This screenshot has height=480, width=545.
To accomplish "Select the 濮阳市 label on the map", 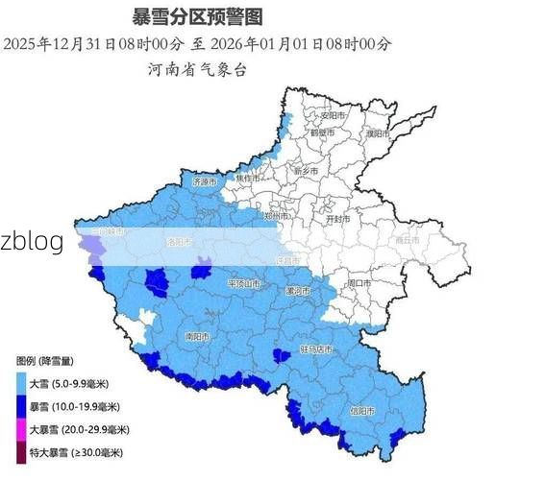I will pos(377,134).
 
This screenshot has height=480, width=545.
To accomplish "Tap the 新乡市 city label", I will pos(306,171).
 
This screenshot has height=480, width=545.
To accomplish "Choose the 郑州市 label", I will pos(277,218).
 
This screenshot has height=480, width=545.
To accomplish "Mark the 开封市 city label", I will pos(337,219).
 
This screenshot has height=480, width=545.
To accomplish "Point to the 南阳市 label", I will pos(197,337).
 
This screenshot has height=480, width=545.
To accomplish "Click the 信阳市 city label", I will pos(362,410).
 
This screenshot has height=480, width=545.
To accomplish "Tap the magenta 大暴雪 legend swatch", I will pos(22,429).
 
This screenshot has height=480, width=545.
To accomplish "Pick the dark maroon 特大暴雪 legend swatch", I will pos(22,452).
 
